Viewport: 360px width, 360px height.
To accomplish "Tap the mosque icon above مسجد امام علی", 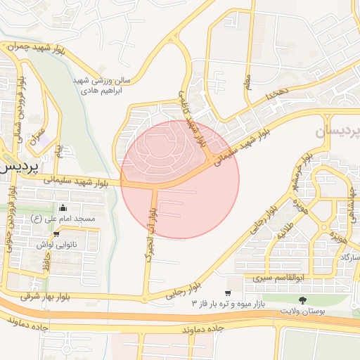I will click(x=63, y=208).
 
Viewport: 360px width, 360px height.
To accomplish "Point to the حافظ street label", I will click(x=44, y=266).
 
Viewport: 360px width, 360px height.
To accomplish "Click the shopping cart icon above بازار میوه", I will click(x=228, y=292).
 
